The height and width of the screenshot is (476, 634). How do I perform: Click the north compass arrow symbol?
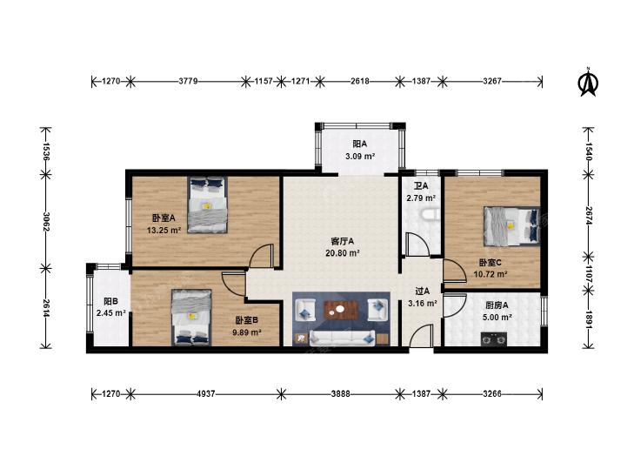click(x=589, y=82)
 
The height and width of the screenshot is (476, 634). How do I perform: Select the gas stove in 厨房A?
click(x=494, y=339)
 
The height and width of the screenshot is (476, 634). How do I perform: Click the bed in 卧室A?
click(x=208, y=205)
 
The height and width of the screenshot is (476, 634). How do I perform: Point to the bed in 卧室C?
click(x=512, y=226)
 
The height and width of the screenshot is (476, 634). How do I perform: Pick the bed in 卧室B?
click(x=191, y=318)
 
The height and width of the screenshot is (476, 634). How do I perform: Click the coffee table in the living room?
click(x=341, y=310)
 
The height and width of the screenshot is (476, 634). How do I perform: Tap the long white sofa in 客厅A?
click(x=342, y=339)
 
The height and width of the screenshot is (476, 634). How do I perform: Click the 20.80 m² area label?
click(x=343, y=253)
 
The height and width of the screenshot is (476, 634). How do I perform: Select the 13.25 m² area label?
click(x=164, y=231)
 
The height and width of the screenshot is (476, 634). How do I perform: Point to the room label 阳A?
click(x=359, y=144)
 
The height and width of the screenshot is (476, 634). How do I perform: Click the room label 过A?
click(x=423, y=292)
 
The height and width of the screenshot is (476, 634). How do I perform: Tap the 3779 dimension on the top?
click(x=188, y=81)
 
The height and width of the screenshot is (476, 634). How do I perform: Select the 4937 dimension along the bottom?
click(x=206, y=393)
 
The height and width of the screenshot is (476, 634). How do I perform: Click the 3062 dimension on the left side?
click(x=46, y=222)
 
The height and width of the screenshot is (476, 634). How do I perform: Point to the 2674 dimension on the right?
click(x=588, y=216)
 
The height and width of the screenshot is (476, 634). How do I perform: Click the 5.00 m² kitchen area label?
click(x=497, y=318)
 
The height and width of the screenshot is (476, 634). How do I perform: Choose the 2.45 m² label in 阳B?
click(x=111, y=313)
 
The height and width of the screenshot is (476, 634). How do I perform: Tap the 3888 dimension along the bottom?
click(x=340, y=393)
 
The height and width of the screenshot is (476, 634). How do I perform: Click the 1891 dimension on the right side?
click(x=588, y=320)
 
